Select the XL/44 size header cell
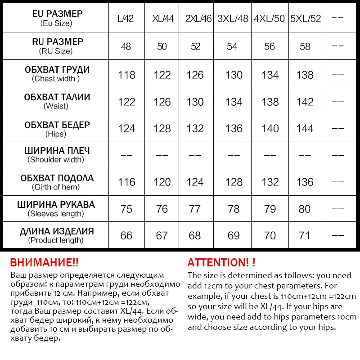point(162,19)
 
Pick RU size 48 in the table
point(126,47)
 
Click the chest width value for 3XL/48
point(234,75)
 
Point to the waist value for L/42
point(126,102)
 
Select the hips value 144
point(305,129)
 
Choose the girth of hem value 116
point(126,182)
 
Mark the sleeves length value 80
point(305,209)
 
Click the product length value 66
point(126,236)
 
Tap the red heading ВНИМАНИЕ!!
point(44,263)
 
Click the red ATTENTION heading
point(221,263)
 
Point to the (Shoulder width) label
point(56,160)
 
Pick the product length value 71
point(305,236)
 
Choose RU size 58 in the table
point(305,47)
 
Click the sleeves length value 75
point(126,209)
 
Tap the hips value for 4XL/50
point(270,129)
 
